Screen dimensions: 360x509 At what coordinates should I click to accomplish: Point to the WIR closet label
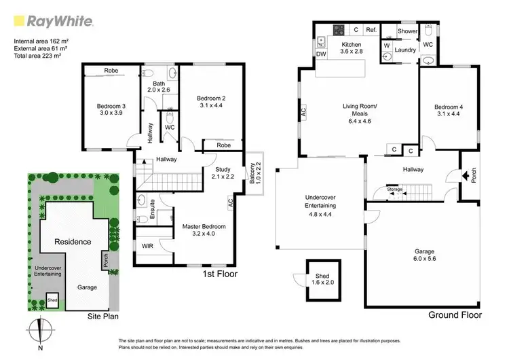(148, 246)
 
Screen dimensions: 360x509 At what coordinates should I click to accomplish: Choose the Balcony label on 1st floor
(252, 173)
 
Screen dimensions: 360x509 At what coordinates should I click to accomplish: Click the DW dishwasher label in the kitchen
(321, 54)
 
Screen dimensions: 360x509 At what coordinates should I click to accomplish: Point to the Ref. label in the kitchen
(371, 31)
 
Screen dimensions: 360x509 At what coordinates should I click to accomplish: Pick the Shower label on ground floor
(407, 31)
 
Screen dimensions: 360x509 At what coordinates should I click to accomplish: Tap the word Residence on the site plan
(73, 241)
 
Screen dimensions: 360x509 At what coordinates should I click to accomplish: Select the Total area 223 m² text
(41, 56)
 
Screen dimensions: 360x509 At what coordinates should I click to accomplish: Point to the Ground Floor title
(455, 315)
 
